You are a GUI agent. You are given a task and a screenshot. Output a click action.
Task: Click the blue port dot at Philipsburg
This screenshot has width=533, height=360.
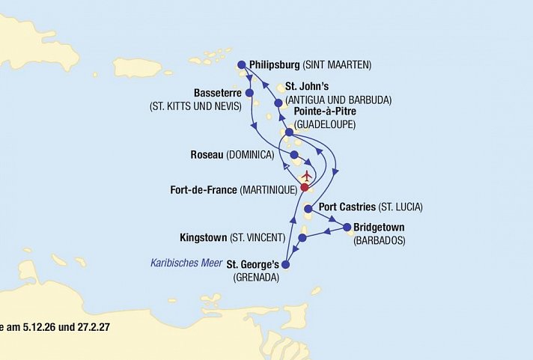coord(241,64)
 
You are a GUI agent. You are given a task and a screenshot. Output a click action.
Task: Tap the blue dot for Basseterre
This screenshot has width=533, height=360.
coord(249,94)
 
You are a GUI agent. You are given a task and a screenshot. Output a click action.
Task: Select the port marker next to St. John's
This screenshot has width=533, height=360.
coord(278,103)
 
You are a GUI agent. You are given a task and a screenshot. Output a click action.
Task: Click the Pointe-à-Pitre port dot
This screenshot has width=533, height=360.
coord(289,132)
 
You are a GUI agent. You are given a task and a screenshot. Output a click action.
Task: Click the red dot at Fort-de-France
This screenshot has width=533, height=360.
coord(305,188)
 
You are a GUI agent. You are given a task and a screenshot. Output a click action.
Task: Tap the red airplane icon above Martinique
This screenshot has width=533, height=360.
coord(306,177)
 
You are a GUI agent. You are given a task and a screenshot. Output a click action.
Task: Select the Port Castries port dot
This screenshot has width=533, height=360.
coord(308,209)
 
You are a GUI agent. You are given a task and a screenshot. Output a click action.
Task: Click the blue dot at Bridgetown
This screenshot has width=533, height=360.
coord(347,227)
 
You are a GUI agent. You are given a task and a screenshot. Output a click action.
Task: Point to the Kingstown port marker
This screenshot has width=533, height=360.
coord(302,239)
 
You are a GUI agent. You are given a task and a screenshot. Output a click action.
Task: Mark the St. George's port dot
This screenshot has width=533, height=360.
coord(284,264)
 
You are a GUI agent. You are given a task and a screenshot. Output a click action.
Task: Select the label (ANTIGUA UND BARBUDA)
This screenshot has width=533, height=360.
coord(341,100)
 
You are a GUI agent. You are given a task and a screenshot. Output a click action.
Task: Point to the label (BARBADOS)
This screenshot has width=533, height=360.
coord(379,240)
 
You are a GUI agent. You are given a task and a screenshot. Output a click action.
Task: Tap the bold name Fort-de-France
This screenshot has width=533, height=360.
coord(204,191)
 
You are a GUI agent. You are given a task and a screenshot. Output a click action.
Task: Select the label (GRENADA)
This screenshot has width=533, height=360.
coord(256,277)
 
